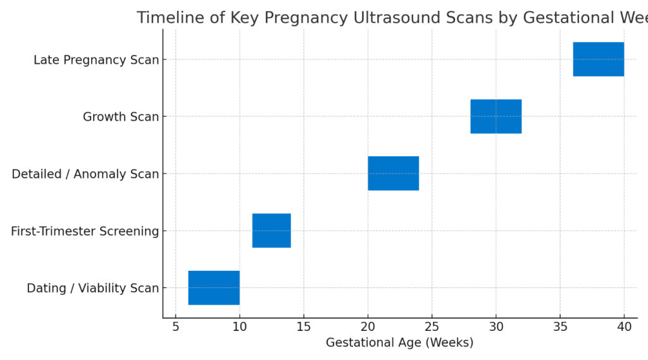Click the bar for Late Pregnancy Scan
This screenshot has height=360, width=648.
pos(598,59)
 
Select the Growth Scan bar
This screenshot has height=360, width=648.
pos(495,116)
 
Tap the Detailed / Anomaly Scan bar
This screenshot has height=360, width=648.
pos(393,173)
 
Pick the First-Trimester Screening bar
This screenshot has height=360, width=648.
pos(271,230)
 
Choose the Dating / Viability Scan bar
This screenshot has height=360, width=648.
pos(214,288)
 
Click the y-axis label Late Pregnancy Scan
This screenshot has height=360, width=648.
pos(96,60)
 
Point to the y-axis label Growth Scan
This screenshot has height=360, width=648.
pos(121,117)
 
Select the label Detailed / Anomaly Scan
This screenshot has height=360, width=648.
pos(85,174)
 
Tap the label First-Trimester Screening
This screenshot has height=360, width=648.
pos(85,232)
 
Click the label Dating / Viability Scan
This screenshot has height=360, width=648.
pos(92,289)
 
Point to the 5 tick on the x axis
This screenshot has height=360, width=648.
pos(175,327)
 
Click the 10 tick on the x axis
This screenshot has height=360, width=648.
pos(239,327)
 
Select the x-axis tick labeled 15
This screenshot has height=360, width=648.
pos(304,327)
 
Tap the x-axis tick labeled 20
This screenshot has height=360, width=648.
pos(368,327)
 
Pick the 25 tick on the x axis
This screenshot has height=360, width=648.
pos(432,327)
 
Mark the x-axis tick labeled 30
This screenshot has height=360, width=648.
pos(495,327)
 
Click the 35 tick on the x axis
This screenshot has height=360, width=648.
pos(560,327)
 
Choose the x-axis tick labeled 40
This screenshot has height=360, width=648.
pos(624,327)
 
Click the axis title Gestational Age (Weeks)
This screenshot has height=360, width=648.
pos(399,343)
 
